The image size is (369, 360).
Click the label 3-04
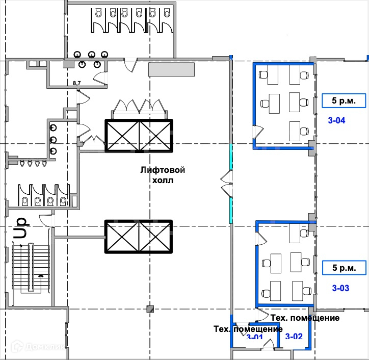(x=337, y=121)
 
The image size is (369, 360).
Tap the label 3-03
(x=340, y=288)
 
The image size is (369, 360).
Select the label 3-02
(x=294, y=336)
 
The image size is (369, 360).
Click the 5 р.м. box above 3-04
(x=344, y=100)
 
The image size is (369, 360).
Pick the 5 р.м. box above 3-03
(x=344, y=267)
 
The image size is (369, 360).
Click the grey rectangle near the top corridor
(x=171, y=69)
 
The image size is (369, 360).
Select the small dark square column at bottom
(x=149, y=308)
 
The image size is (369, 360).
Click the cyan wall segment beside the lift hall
(x=231, y=204)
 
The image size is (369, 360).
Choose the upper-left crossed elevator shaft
(x=122, y=136)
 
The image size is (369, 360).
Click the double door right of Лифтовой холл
(x=226, y=183)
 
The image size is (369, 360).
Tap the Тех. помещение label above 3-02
(x=305, y=318)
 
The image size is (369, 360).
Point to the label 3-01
(x=254, y=338)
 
